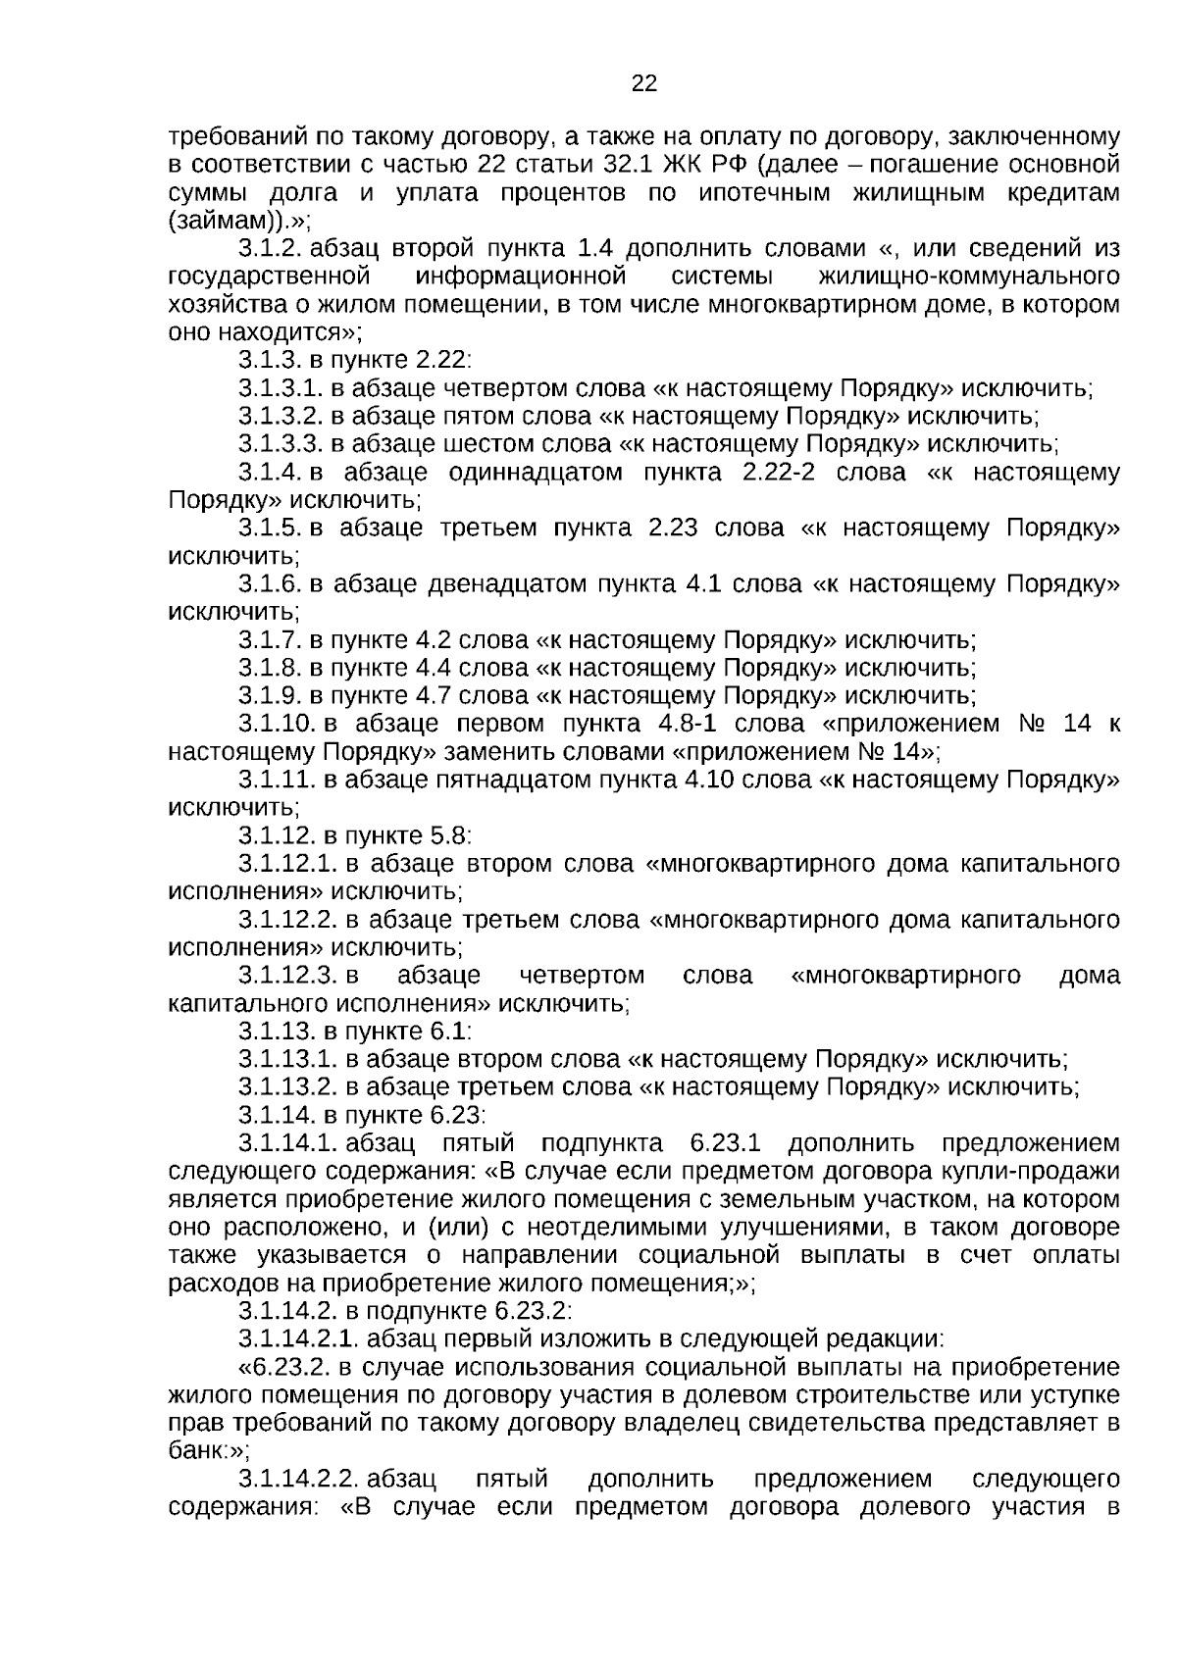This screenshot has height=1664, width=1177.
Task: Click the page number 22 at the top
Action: pyautogui.click(x=643, y=83)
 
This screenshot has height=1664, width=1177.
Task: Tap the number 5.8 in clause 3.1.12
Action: pyautogui.click(x=447, y=836)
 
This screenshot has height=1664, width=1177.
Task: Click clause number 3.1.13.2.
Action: pyautogui.click(x=286, y=1087)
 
